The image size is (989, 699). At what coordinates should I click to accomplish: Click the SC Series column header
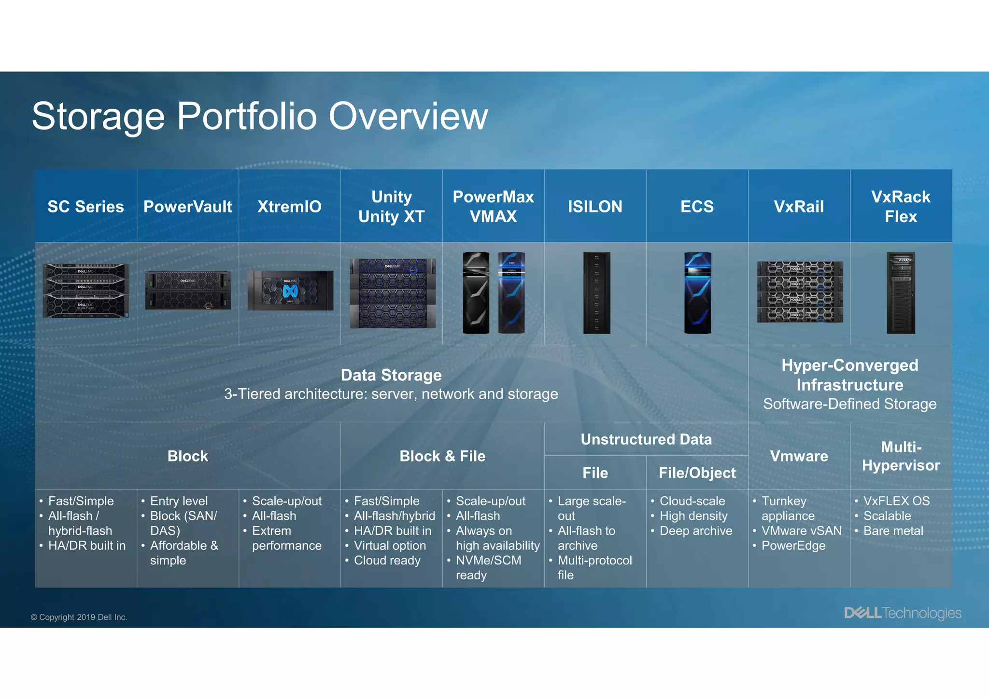coord(85,207)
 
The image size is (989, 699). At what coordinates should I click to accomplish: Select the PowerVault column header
coord(187,207)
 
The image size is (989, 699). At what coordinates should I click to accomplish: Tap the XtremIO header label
coord(289,207)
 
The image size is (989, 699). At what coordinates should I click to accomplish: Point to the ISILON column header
coord(595,207)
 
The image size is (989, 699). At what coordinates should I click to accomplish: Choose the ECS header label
coord(697,207)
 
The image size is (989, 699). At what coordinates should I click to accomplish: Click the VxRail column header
coord(799,207)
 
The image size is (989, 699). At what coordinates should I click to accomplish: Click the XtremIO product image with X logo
coord(290,291)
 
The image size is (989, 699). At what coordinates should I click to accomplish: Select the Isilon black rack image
coord(596,293)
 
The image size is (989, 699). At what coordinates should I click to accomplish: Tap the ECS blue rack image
coord(698,293)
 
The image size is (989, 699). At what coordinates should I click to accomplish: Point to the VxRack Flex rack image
coord(901,293)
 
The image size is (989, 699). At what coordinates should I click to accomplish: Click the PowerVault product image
coord(188,290)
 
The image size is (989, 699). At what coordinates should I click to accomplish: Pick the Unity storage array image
coord(393,293)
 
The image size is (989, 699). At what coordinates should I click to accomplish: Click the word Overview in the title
coord(408,116)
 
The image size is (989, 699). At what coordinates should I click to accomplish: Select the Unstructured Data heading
coord(646,439)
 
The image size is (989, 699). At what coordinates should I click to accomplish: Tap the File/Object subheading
coord(697,473)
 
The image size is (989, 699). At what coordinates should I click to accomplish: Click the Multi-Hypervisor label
coord(901,456)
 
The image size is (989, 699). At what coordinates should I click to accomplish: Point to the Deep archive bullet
coord(696,531)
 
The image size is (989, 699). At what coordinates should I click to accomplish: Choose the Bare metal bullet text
coord(893,531)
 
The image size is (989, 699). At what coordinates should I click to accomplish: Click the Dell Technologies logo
coord(903,613)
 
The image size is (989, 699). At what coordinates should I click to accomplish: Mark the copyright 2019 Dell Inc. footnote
coord(79,617)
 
